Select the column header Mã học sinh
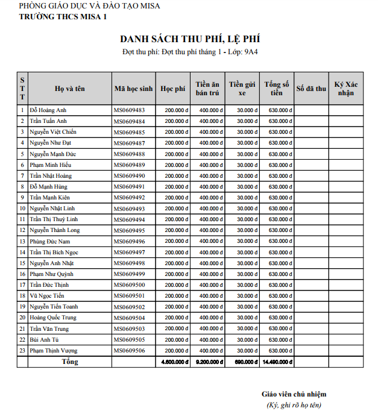click(x=133, y=89)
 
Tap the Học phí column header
click(x=173, y=89)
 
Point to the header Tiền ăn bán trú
click(x=207, y=89)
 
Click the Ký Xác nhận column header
click(x=346, y=89)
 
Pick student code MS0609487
click(x=129, y=143)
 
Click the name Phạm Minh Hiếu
click(x=50, y=165)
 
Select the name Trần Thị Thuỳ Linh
click(x=54, y=219)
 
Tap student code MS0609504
click(x=129, y=318)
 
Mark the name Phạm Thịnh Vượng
click(x=53, y=350)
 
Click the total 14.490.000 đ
click(x=277, y=362)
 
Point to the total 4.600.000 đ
click(x=173, y=362)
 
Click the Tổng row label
click(x=70, y=362)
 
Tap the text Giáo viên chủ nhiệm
click(x=294, y=394)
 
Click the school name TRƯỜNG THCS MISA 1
click(x=63, y=16)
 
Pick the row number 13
click(x=22, y=241)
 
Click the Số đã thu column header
click(x=311, y=89)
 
